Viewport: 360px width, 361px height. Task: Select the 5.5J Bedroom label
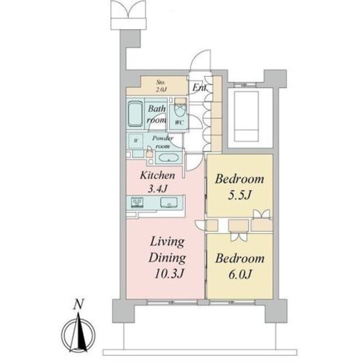[x=239, y=195]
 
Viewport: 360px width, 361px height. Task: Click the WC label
[x=179, y=122]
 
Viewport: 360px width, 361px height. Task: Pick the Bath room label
[x=156, y=115]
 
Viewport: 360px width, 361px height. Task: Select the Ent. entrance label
[x=199, y=88]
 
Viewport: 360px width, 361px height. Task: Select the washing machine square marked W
[x=135, y=141]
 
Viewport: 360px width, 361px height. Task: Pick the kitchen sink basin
[x=168, y=202]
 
